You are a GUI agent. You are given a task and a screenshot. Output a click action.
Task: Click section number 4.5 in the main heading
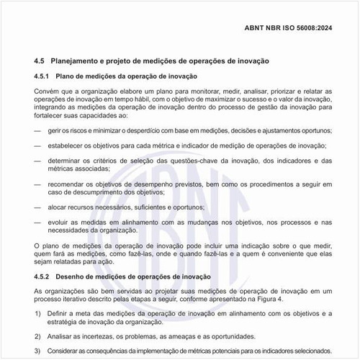pyautogui.click(x=40, y=61)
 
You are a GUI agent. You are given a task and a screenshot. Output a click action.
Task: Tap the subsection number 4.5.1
pyautogui.click(x=43, y=76)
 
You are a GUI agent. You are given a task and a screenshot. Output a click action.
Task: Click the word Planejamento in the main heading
pyautogui.click(x=80, y=61)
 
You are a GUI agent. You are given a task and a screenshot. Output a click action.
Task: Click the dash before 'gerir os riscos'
pyautogui.click(x=38, y=130)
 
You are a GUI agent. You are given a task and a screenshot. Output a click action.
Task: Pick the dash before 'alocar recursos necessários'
pyautogui.click(x=38, y=207)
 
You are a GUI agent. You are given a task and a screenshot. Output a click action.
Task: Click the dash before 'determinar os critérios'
pyautogui.click(x=38, y=161)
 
